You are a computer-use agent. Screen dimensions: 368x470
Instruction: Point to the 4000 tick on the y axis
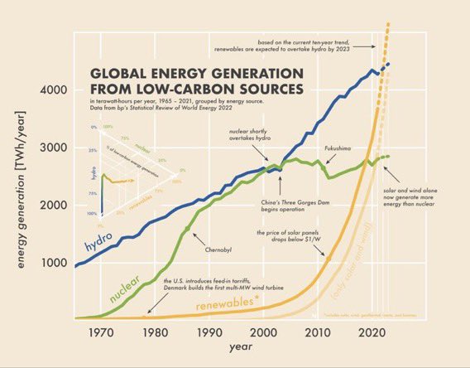pyautogui.click(x=54, y=89)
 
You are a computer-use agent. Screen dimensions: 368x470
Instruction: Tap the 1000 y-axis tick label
pyautogui.click(x=54, y=263)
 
